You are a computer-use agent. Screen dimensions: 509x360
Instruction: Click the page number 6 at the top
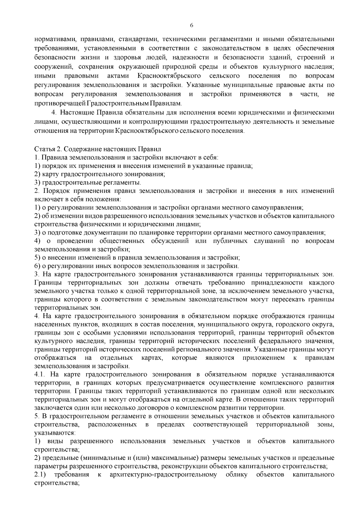191,25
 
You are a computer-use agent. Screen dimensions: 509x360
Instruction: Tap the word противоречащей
60,104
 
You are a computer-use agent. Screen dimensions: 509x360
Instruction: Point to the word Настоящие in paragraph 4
76,113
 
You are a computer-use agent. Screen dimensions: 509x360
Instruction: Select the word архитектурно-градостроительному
163,475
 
